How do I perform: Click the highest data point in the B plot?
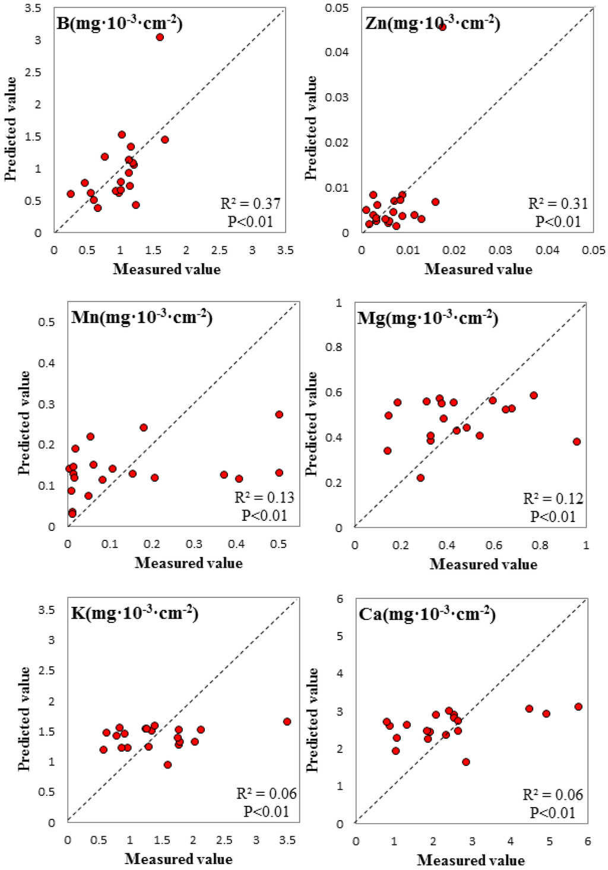point(160,37)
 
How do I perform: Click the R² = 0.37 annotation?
point(250,204)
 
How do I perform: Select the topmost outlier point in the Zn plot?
point(442,27)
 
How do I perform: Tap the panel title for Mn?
point(141,317)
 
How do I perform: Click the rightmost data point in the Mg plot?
point(577,442)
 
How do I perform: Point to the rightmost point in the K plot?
point(287,722)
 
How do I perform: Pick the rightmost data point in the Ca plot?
point(578,707)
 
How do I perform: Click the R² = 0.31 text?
point(558,204)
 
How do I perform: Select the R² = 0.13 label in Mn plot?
point(264,498)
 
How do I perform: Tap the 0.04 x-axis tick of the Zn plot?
point(547,250)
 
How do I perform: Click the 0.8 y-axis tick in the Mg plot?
point(334,347)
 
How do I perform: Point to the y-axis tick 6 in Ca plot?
point(340,599)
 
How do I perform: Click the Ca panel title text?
point(427,613)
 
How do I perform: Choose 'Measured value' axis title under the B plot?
point(167,269)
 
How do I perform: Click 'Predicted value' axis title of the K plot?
point(24,719)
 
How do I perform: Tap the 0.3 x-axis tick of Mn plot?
point(194,544)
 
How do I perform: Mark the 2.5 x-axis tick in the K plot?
point(224,840)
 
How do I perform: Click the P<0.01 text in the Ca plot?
point(553,813)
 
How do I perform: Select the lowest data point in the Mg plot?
point(420,478)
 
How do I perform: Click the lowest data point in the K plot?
point(167,765)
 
